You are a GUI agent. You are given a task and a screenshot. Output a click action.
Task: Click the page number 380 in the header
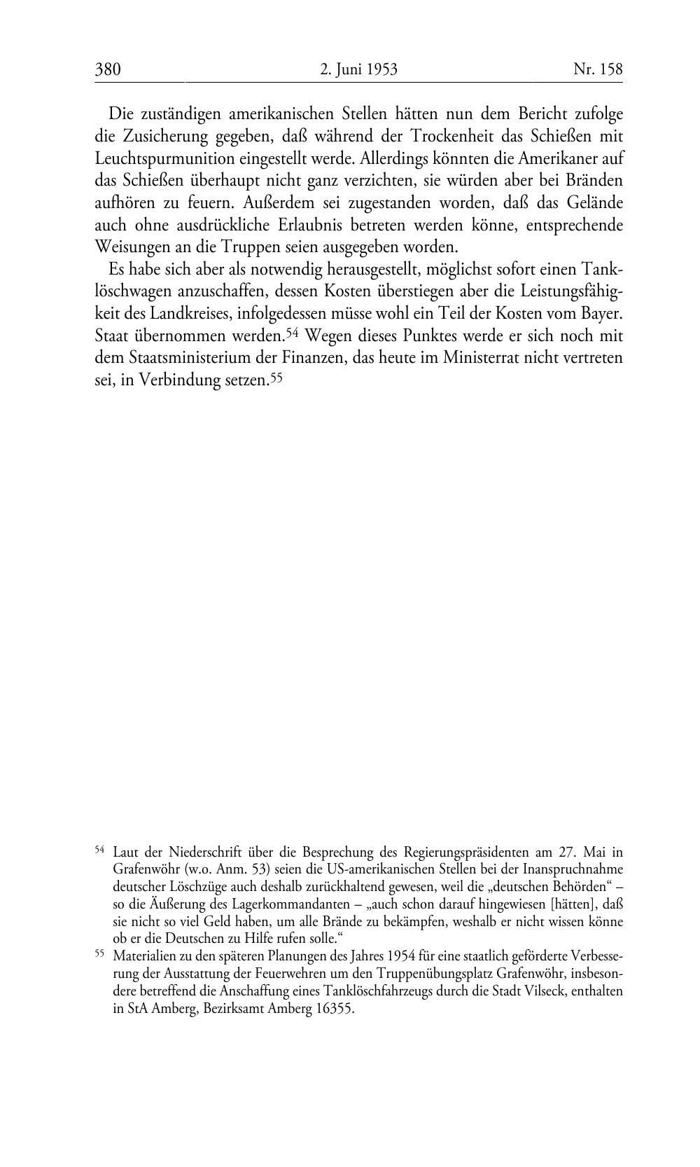[x=108, y=69]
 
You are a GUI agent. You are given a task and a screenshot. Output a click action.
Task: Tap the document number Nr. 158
[x=597, y=69]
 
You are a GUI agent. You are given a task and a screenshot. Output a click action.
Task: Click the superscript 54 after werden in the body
[x=293, y=331]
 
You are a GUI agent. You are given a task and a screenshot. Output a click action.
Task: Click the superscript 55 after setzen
[x=276, y=376]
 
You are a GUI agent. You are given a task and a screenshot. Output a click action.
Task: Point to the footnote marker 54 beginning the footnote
[x=99, y=850]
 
